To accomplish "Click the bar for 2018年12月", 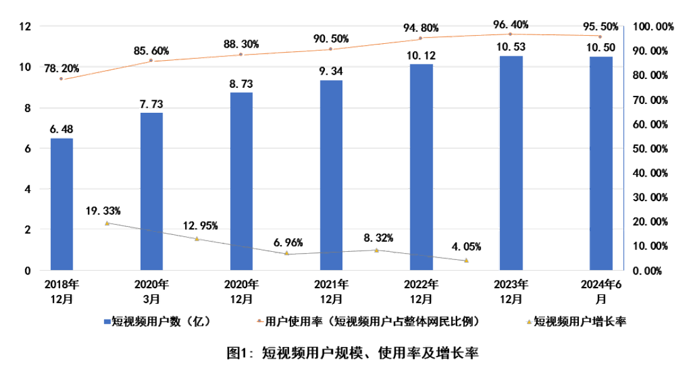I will (61, 204).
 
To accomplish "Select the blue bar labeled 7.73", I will (151, 191).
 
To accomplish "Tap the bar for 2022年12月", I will (422, 167).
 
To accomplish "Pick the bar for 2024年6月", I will (601, 163).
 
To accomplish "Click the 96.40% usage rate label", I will (511, 25).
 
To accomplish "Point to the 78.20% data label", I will (61, 68).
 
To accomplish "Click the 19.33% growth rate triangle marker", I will (107, 223).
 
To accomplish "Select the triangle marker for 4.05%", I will (466, 260).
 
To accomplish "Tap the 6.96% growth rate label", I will (287, 241).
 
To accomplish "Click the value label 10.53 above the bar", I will (511, 47).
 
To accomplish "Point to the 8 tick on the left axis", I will (27, 108).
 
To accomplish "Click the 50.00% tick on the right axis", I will (652, 148).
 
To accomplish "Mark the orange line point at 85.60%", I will (151, 61).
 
